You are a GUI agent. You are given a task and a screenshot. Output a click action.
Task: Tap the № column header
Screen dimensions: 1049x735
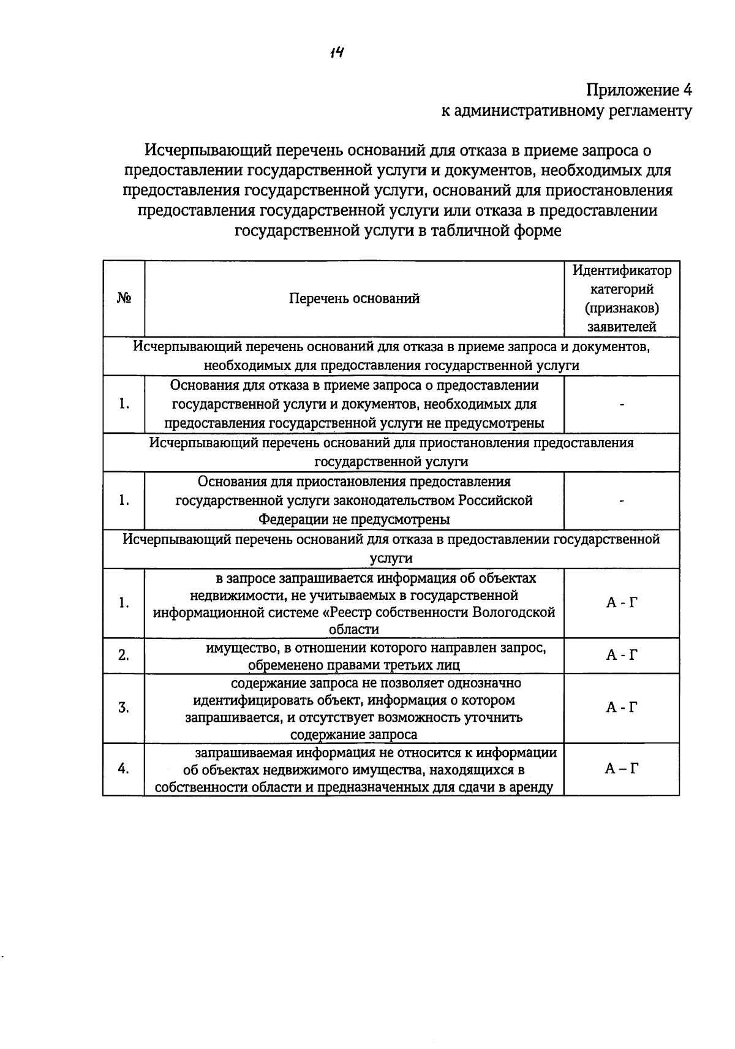coord(124,298)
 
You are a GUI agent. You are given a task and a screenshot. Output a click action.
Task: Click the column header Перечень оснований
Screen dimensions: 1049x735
coord(354,298)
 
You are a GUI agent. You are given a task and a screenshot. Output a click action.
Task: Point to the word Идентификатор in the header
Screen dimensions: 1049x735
coord(622,270)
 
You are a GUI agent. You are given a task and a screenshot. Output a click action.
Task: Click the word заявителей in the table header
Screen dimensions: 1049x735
coord(622,327)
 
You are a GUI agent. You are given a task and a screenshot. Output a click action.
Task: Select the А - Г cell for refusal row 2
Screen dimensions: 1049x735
coord(622,655)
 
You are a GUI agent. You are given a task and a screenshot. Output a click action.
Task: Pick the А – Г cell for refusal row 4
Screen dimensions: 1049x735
coord(622,768)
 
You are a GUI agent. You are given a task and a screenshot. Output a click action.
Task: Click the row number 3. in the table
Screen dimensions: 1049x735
coord(124,708)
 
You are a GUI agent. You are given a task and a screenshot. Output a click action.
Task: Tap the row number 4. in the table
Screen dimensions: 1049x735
coord(124,768)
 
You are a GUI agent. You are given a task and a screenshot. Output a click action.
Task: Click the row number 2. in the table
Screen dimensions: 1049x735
coord(124,655)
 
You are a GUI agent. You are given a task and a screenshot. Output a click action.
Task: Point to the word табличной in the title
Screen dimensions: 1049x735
coord(469,231)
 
